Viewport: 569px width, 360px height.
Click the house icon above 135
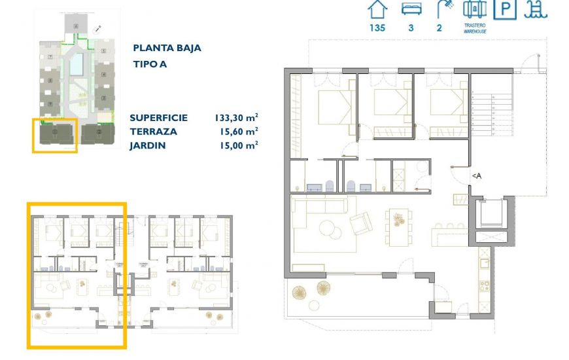point(377,10)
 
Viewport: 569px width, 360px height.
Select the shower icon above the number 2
point(445,10)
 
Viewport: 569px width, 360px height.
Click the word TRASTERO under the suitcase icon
point(475,26)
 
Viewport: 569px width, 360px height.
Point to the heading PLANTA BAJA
point(167,48)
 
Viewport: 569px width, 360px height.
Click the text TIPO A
point(150,65)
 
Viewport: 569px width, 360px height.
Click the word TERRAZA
point(154,132)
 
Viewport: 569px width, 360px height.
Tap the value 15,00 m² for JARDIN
point(236,145)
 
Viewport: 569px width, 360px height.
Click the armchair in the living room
point(360,225)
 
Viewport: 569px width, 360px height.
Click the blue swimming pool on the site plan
point(76,64)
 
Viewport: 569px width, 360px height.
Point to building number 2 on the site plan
point(99,133)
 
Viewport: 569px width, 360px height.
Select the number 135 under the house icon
point(377,27)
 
